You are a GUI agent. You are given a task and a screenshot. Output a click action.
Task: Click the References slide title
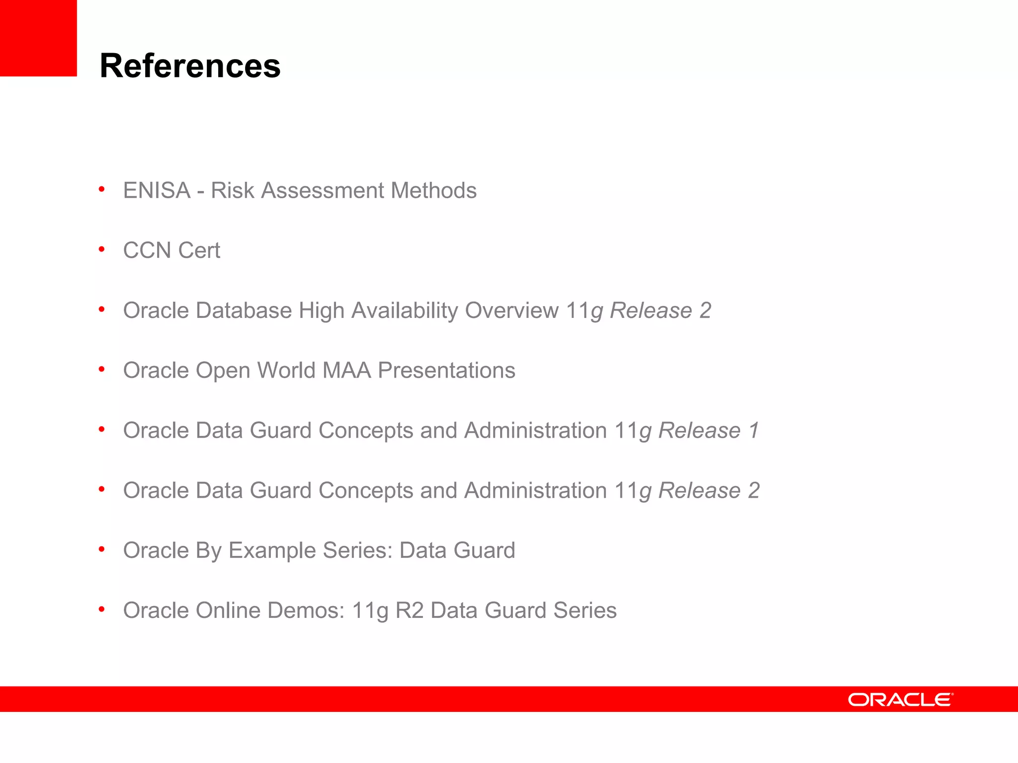tap(190, 66)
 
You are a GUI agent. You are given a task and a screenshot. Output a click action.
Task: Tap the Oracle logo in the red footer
tap(900, 699)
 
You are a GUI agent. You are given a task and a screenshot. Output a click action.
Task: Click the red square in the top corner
tap(38, 38)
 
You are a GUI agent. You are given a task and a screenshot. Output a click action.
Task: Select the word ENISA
tap(157, 190)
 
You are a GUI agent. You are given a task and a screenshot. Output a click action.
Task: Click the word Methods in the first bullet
tap(433, 190)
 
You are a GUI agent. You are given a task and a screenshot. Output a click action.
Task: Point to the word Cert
tap(199, 250)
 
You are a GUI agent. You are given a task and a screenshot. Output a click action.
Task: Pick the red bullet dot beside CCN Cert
tap(102, 249)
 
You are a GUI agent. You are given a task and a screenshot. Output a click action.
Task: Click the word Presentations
tap(446, 371)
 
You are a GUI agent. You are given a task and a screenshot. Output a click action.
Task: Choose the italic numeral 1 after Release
tap(754, 430)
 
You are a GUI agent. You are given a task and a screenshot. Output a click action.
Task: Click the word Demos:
tap(306, 610)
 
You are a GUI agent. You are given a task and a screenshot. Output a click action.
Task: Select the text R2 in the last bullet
tap(409, 610)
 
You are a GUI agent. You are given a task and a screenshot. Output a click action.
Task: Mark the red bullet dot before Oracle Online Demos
tap(102, 609)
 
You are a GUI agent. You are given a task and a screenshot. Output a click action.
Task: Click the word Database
tap(244, 310)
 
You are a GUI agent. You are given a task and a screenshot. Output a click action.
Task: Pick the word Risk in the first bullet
tap(232, 190)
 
